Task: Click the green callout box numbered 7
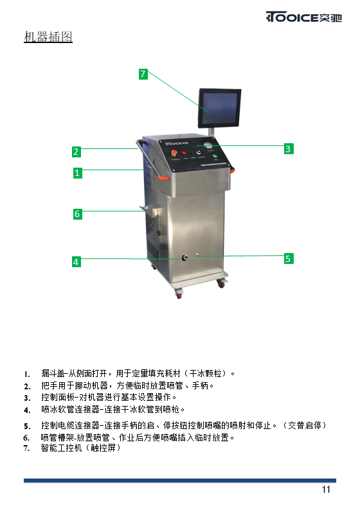(x=143, y=74)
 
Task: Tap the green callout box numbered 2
(x=76, y=152)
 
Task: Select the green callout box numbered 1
(x=78, y=173)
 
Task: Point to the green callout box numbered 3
(x=288, y=149)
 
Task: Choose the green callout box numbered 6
(x=78, y=214)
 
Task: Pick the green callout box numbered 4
(x=76, y=262)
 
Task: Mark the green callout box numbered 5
(x=288, y=259)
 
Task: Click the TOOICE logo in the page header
(x=303, y=17)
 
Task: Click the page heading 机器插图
(x=48, y=37)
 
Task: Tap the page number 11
(x=326, y=489)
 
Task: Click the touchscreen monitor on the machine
(x=219, y=108)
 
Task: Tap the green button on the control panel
(x=215, y=157)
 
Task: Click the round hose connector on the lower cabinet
(x=185, y=258)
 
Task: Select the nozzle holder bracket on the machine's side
(x=149, y=210)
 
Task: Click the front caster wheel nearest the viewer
(x=179, y=295)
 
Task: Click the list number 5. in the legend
(x=27, y=426)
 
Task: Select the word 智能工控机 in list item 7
(x=61, y=448)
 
